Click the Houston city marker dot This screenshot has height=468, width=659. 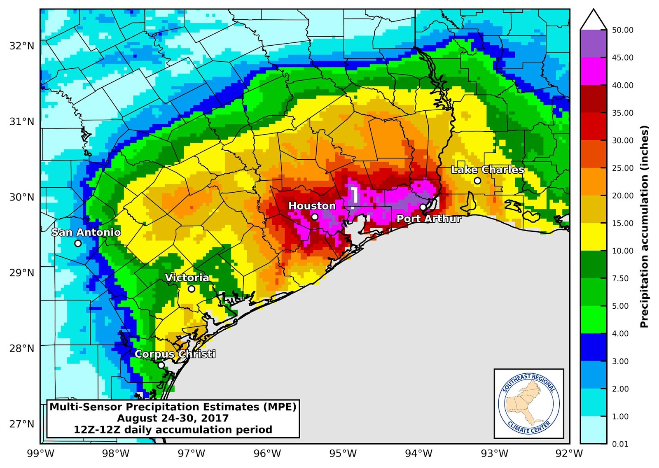[x=315, y=217]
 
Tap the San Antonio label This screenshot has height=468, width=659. [x=86, y=233]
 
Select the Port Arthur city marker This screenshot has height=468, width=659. [x=423, y=207]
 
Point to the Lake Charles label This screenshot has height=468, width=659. [x=488, y=170]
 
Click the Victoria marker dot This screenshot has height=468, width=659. [x=192, y=289]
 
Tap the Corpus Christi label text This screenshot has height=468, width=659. [x=175, y=354]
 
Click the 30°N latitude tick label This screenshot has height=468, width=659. [x=22, y=197]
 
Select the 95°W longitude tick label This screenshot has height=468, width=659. [x=343, y=454]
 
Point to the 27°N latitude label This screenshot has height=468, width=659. [x=22, y=424]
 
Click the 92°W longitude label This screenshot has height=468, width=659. [x=569, y=454]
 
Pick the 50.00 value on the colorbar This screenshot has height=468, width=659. [x=622, y=30]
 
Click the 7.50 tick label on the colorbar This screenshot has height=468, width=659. [x=620, y=279]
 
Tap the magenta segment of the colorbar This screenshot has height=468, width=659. [x=594, y=71]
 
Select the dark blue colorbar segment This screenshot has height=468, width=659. [x=594, y=347]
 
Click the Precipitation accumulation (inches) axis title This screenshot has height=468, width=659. [x=645, y=226]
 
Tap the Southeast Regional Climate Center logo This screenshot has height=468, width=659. [x=529, y=404]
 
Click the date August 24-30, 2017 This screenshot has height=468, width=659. [x=173, y=419]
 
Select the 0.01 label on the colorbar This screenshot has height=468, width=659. [x=620, y=444]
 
